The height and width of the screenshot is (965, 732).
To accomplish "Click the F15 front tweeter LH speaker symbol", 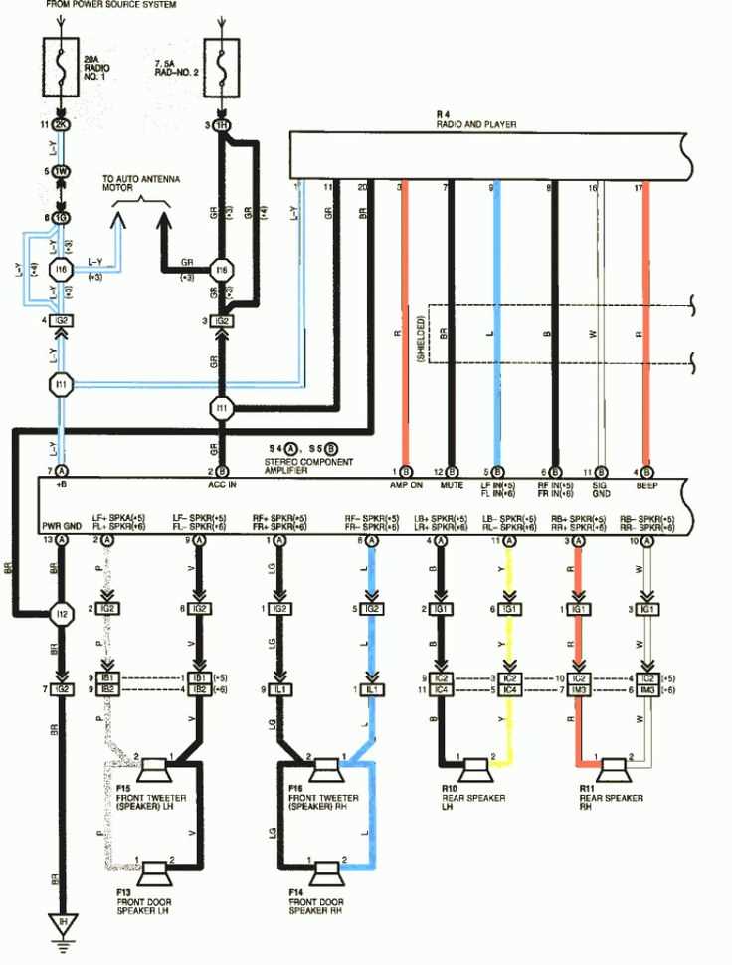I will (154, 770).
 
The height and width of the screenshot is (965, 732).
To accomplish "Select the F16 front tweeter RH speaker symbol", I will (324, 770).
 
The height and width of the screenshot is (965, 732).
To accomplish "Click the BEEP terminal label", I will (647, 484).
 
